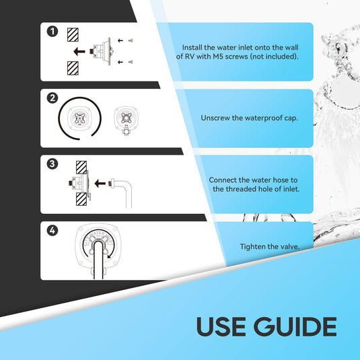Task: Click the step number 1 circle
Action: [x=52, y=32]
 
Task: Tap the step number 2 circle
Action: [x=52, y=98]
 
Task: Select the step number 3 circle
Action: [x=52, y=164]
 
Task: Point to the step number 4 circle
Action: [x=52, y=230]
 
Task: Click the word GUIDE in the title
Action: [x=295, y=326]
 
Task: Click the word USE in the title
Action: [x=221, y=326]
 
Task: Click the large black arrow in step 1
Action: [x=79, y=51]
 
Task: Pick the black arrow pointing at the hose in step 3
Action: [x=100, y=183]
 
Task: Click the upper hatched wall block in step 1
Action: [x=73, y=35]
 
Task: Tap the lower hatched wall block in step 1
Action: [x=73, y=68]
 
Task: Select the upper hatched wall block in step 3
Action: [x=81, y=168]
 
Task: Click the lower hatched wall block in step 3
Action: [x=81, y=199]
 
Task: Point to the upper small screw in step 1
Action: [x=131, y=40]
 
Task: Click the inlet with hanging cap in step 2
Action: [x=126, y=120]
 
